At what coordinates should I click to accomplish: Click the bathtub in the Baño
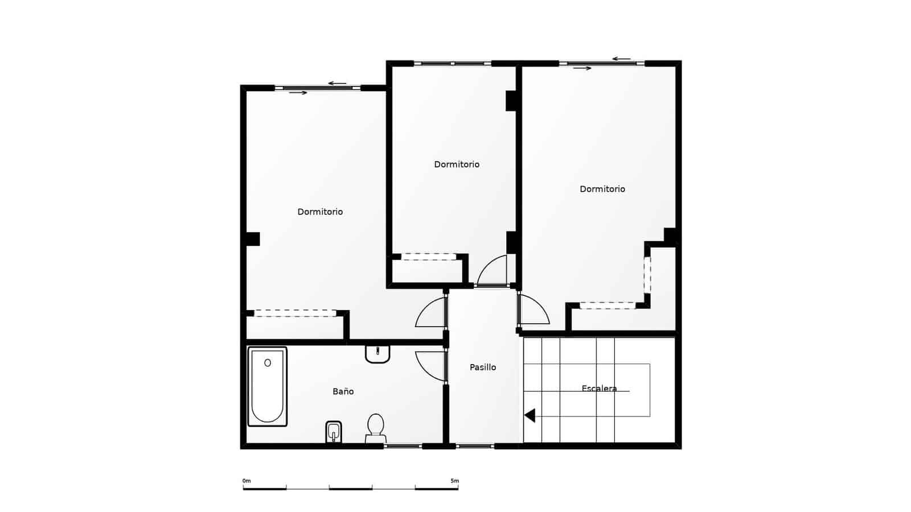(x=267, y=387)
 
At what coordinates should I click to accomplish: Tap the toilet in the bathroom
(x=375, y=428)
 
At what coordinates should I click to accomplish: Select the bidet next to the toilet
(x=334, y=432)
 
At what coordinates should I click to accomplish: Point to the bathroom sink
(x=377, y=354)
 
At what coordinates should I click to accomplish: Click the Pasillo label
(x=483, y=368)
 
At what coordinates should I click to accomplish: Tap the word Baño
(x=343, y=391)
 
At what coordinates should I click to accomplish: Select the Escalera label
(x=600, y=389)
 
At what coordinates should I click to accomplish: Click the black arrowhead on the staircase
(x=530, y=416)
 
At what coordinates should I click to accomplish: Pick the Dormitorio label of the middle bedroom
(x=457, y=164)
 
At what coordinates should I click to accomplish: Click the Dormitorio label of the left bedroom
(x=320, y=212)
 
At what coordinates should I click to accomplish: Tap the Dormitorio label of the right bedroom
(x=602, y=189)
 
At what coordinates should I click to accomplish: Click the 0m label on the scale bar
(x=247, y=481)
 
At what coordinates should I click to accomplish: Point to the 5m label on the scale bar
(x=454, y=481)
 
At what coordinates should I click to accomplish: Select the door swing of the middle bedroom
(x=493, y=271)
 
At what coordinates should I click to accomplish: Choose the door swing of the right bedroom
(x=534, y=311)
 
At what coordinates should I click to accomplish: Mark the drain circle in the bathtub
(x=268, y=363)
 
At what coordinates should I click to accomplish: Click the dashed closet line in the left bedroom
(x=295, y=312)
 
